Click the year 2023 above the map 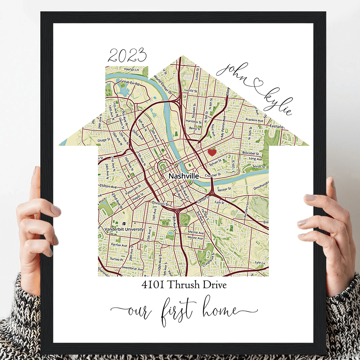point(127,56)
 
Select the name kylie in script point(278,101)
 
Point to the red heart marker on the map point(212,152)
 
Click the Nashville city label point(184,176)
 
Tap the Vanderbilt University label point(124,229)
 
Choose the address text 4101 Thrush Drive point(184,285)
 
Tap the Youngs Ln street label point(131,69)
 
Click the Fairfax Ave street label point(119,245)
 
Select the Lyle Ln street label point(260,263)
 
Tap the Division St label point(158,203)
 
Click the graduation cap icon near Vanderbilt point(124,224)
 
